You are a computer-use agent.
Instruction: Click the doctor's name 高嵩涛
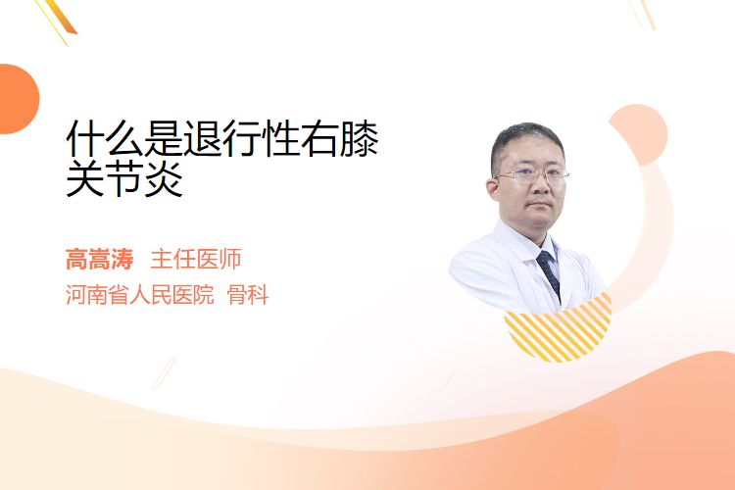tap(99, 260)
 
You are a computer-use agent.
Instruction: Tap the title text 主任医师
tap(196, 260)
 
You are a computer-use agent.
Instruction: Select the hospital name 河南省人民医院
tap(140, 295)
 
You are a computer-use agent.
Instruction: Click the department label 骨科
tap(248, 295)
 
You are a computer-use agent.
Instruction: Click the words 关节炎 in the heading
tap(124, 178)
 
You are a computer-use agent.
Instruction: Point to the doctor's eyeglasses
tap(532, 176)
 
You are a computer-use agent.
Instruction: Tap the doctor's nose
tap(540, 186)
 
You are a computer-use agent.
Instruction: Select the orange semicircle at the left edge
tap(18, 99)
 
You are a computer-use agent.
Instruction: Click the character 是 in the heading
tap(163, 139)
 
